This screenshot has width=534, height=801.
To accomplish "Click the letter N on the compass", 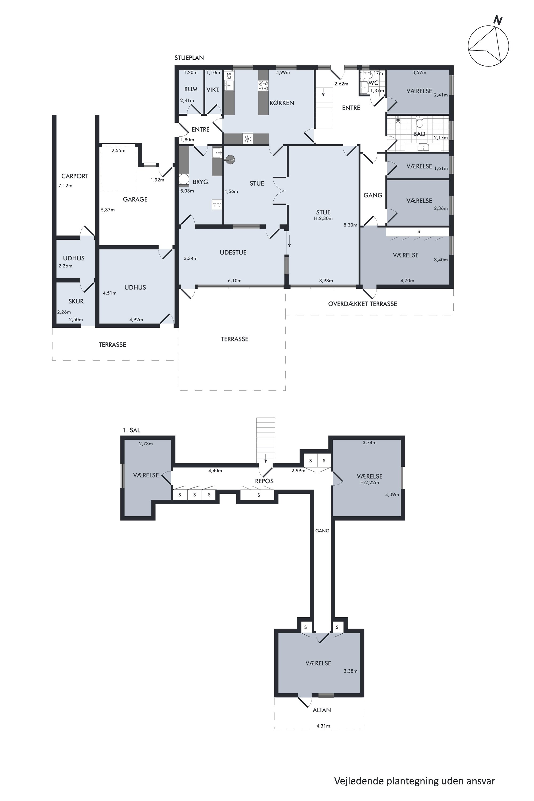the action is [498, 21].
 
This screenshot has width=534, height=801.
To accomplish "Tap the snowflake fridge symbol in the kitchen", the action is [248, 139].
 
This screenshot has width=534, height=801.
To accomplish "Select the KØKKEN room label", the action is [282, 103].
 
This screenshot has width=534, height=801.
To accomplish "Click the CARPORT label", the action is [74, 176].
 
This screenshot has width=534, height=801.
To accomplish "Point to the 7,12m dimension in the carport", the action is [65, 186].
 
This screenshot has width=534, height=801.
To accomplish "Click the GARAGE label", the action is [135, 199].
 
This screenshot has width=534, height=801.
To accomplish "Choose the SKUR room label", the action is [76, 301].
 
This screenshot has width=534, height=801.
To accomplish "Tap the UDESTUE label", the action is [233, 252].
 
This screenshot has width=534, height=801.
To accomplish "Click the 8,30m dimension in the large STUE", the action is [350, 225].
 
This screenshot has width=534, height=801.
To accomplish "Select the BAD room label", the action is [419, 134].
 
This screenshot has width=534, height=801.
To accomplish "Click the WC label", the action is [374, 83].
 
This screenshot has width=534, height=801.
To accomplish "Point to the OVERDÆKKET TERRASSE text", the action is [363, 304].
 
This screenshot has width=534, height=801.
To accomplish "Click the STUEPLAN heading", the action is [189, 58].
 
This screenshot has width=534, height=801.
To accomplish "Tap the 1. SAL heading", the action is [131, 430].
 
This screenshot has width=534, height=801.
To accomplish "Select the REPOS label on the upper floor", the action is [264, 481].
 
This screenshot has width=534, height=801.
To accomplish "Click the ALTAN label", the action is [322, 710].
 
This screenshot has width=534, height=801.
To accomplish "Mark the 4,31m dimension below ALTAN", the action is [323, 726].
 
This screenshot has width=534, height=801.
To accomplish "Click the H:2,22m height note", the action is [370, 482].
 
